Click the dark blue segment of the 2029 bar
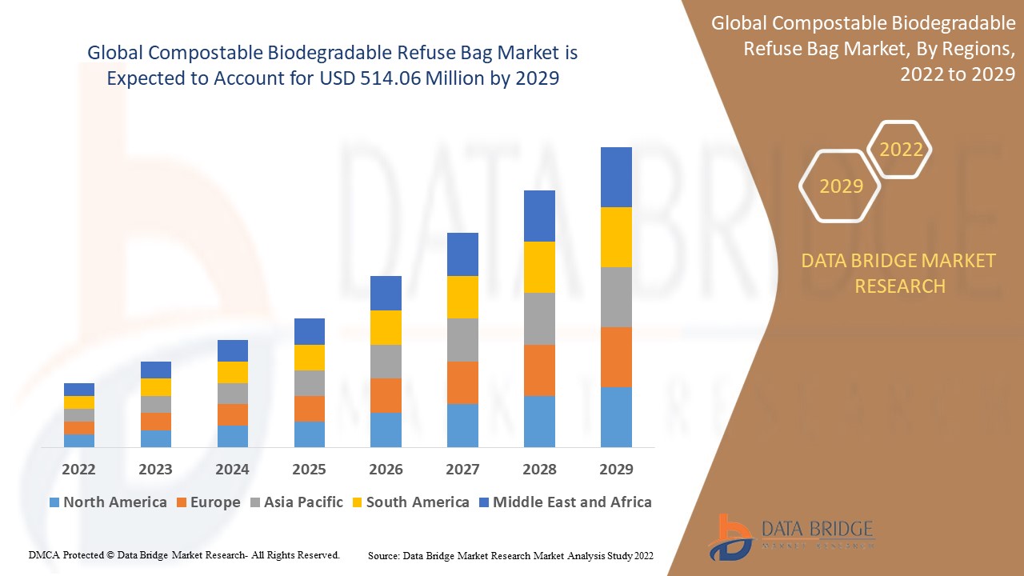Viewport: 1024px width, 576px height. click(x=616, y=177)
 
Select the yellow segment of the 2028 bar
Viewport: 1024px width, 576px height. click(x=539, y=266)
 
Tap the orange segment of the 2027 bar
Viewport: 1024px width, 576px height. click(x=462, y=382)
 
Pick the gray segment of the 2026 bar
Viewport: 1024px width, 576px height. click(x=386, y=361)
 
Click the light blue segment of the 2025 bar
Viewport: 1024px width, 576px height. click(x=309, y=434)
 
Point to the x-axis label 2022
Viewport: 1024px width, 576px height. click(x=78, y=469)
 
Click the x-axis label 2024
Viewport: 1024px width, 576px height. click(x=232, y=469)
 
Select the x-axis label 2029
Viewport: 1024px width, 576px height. click(x=616, y=469)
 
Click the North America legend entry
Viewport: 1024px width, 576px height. click(x=108, y=502)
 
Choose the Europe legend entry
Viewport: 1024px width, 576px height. click(x=206, y=502)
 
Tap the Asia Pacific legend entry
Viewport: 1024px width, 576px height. click(x=296, y=502)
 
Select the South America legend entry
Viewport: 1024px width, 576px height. click(x=410, y=502)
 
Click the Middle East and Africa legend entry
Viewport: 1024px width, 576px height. click(x=564, y=502)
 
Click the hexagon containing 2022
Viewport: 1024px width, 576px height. click(x=901, y=150)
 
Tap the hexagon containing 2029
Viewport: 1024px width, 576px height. click(x=841, y=186)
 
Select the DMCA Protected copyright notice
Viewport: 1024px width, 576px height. click(x=184, y=554)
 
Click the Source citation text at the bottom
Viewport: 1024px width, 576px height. click(x=510, y=555)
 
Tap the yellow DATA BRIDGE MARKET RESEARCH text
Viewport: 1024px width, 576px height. click(x=899, y=273)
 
